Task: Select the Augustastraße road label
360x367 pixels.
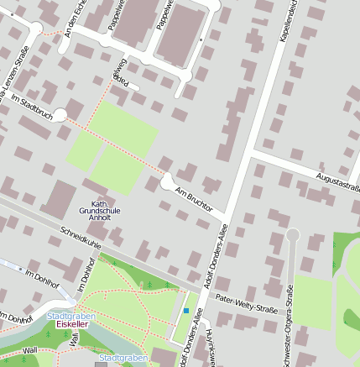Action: [337, 179]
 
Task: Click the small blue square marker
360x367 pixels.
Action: [186, 312]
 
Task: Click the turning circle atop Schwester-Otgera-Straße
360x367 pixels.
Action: [293, 234]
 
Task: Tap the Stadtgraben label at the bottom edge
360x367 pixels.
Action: [117, 358]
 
